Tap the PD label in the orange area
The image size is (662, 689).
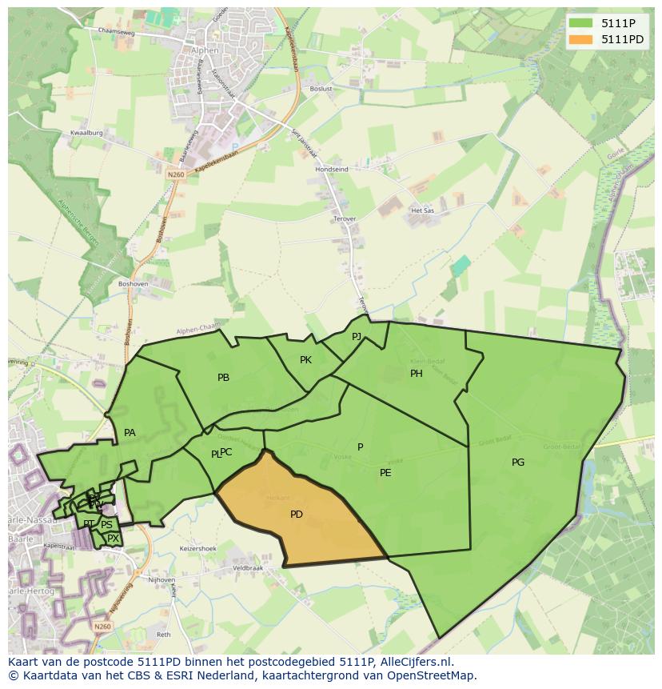[297, 515]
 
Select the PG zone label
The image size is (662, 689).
[518, 462]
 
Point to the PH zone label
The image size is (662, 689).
[417, 374]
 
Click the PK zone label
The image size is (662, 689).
[305, 360]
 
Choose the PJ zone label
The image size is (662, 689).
[357, 336]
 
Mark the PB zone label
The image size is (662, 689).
[224, 377]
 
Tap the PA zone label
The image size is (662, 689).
[130, 433]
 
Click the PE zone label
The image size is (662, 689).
[385, 473]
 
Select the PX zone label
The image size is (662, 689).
[113, 539]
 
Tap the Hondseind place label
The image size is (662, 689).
[332, 170]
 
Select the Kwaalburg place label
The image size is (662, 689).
[86, 133]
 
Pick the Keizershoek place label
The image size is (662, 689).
[198, 549]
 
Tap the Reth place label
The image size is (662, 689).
[164, 635]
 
